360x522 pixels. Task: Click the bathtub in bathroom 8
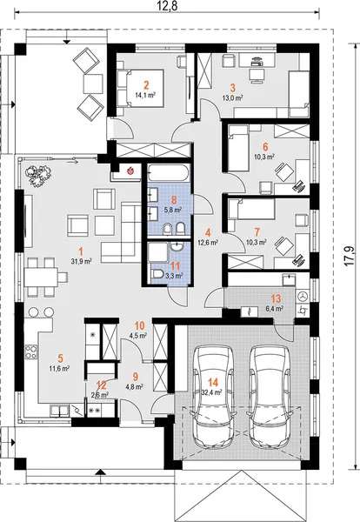point(167,174)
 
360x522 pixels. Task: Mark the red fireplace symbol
point(130,171)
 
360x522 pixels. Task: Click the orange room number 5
point(60,358)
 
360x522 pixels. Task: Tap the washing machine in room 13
point(303,297)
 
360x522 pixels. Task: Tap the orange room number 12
point(101,384)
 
